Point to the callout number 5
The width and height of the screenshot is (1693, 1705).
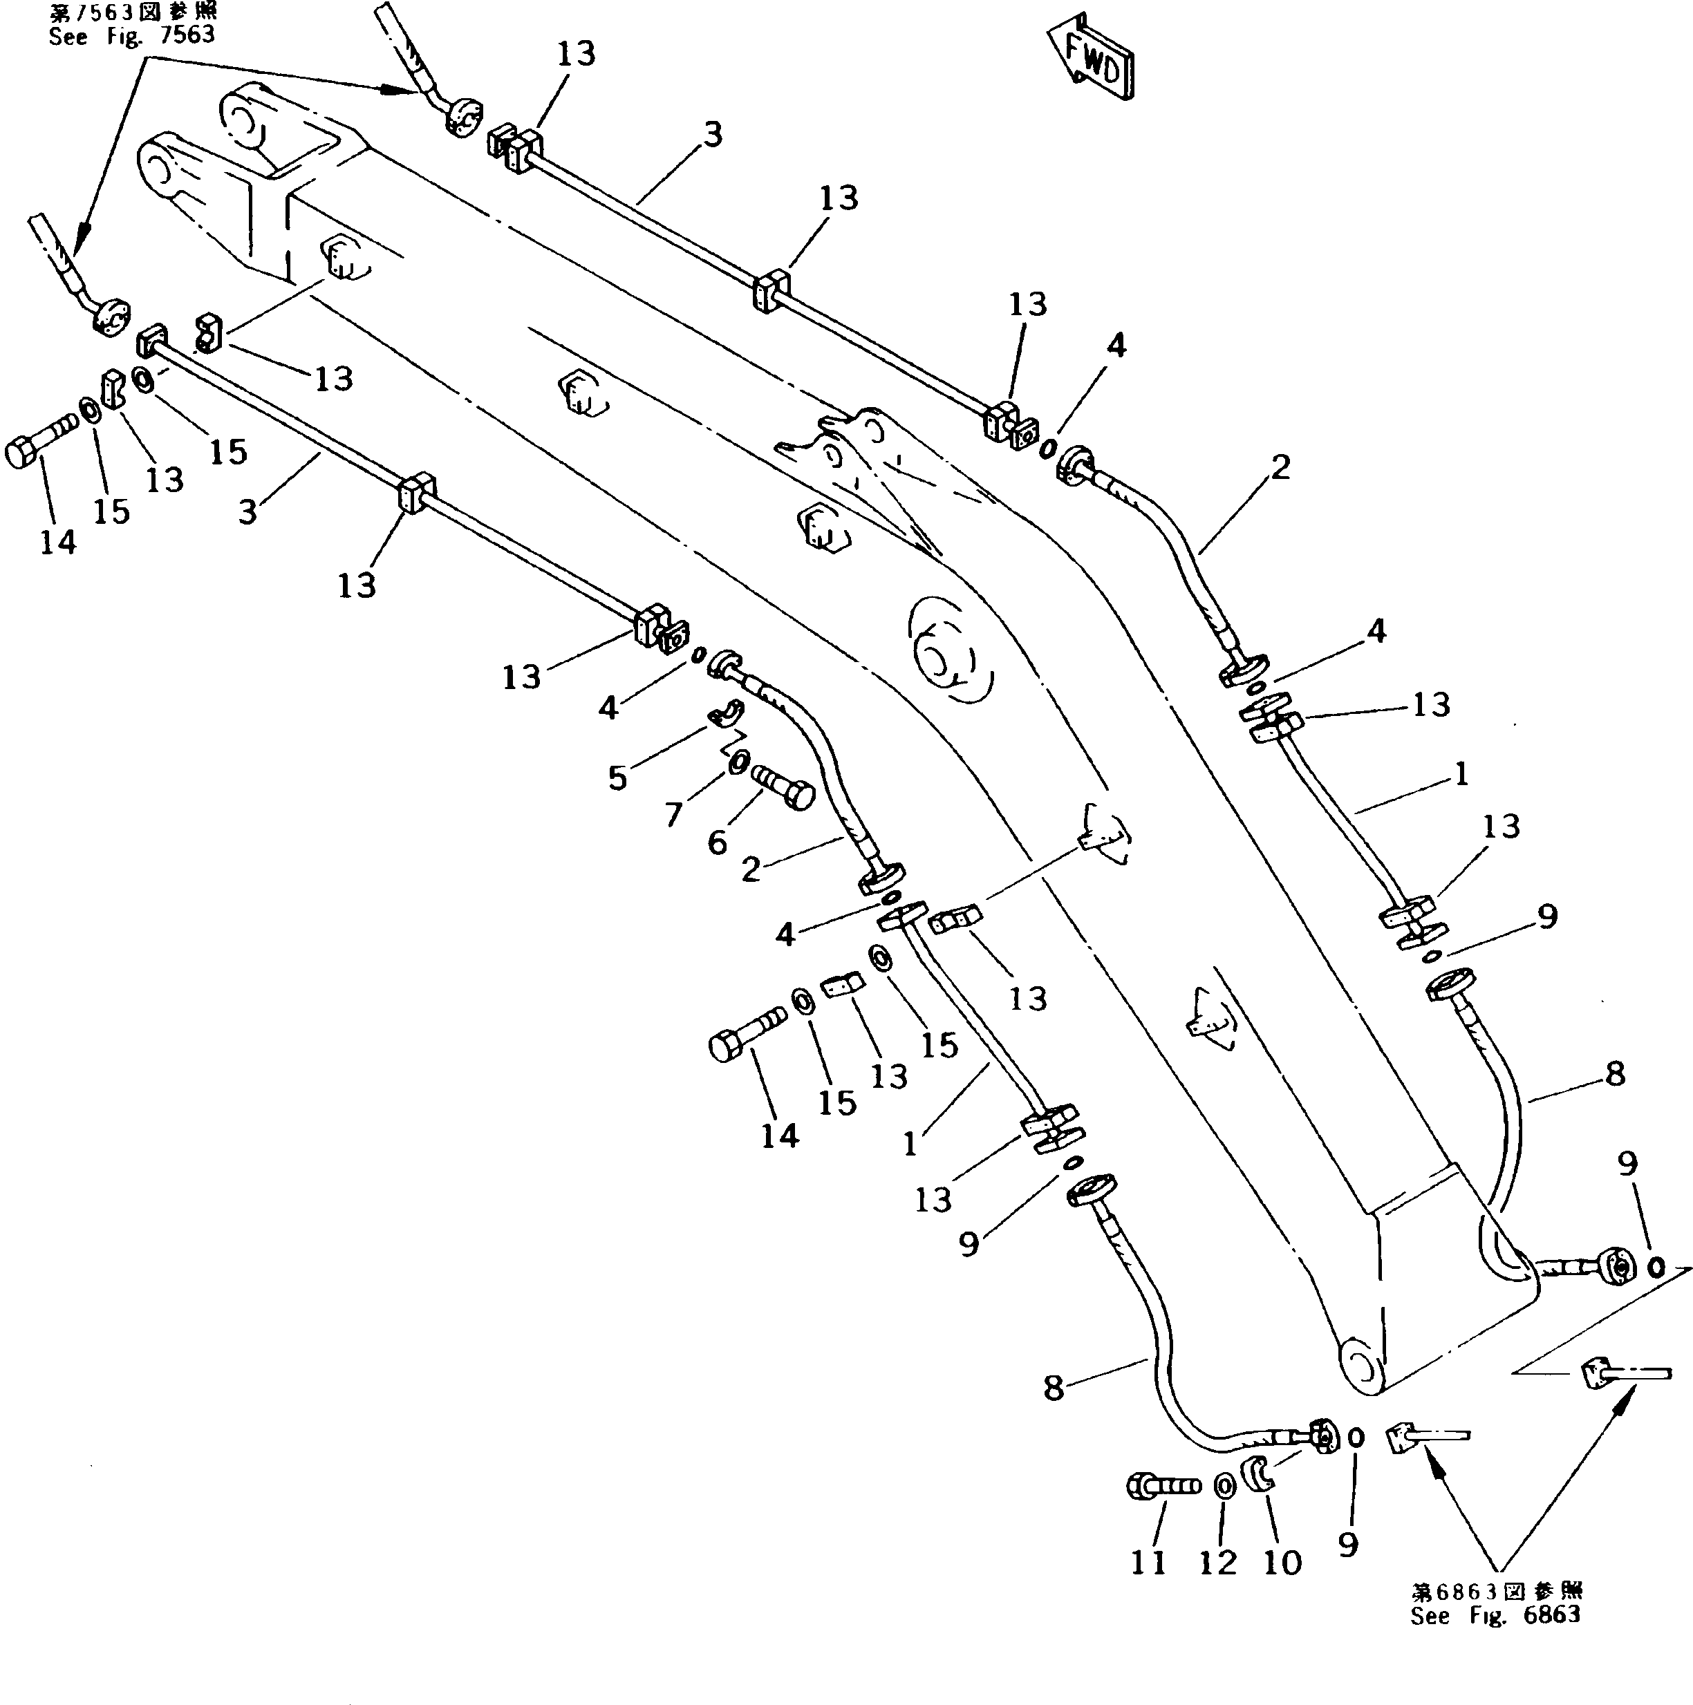pyautogui.click(x=617, y=778)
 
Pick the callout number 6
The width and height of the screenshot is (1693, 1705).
pyautogui.click(x=717, y=842)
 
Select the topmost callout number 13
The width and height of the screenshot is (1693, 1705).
pyautogui.click(x=576, y=54)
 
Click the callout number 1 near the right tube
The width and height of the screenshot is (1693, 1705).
pyautogui.click(x=1461, y=774)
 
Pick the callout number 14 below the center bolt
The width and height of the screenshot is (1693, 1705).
pyautogui.click(x=779, y=1136)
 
